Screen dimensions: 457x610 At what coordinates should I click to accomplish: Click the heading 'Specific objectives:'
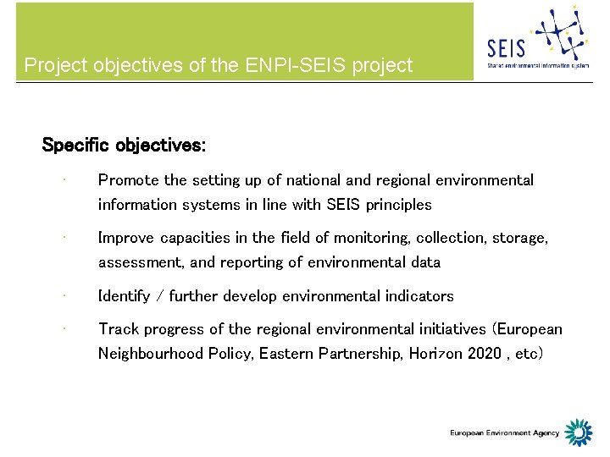pos(123,145)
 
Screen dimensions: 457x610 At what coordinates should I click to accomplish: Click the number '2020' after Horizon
pos(485,354)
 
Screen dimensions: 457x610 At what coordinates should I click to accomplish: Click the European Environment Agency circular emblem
pos(579,432)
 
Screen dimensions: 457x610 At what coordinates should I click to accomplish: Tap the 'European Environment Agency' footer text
pos(504,433)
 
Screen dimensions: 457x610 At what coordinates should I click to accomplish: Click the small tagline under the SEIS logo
pos(538,65)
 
